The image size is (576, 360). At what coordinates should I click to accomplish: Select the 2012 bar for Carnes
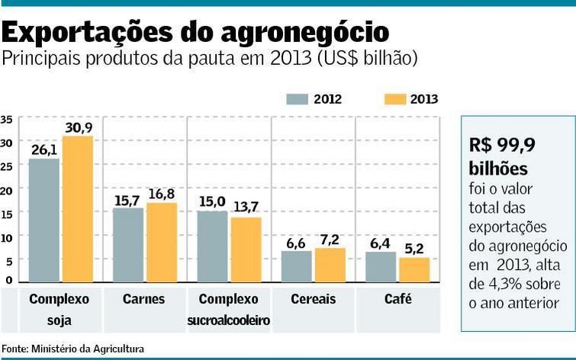click(x=128, y=245)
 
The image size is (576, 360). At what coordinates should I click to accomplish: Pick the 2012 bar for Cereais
click(x=296, y=266)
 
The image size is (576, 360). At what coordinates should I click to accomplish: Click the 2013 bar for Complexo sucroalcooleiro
click(x=246, y=249)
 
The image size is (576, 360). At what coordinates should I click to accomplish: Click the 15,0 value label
click(x=212, y=201)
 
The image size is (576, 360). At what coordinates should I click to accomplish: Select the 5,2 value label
click(x=414, y=249)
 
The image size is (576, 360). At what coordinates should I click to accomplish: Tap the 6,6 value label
click(x=296, y=242)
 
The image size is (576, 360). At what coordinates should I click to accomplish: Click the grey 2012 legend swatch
click(x=297, y=99)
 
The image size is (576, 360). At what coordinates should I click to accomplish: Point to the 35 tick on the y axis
click(x=6, y=119)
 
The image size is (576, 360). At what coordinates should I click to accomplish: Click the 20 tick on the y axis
click(x=6, y=190)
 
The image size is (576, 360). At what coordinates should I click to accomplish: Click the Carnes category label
click(x=143, y=299)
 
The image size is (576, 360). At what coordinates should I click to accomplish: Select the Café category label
click(x=397, y=299)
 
